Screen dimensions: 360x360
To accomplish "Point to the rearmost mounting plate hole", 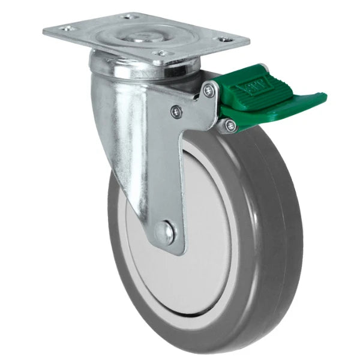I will pyautogui.click(x=127, y=16).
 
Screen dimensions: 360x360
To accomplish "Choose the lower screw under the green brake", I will pyautogui.click(x=230, y=124).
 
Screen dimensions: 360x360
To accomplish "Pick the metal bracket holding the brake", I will pyautogui.click(x=201, y=108).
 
